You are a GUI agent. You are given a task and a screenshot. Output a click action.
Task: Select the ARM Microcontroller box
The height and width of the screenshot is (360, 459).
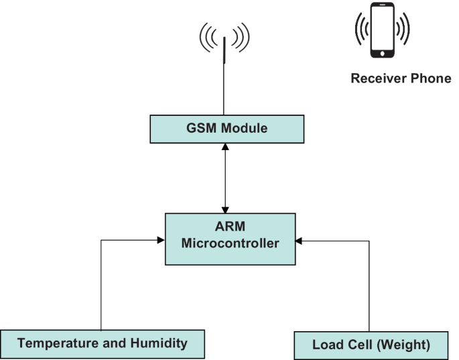(x=230, y=238)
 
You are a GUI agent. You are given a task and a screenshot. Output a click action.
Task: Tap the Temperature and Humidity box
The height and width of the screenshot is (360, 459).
(x=102, y=343)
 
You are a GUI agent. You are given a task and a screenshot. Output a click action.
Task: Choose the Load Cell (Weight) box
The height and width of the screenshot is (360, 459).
(x=371, y=345)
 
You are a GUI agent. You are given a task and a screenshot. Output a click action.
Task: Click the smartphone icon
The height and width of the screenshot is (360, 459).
(x=383, y=31)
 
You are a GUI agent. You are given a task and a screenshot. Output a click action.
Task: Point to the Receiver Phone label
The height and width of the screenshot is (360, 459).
(x=401, y=78)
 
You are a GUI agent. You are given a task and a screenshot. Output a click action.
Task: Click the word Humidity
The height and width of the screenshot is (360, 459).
(x=159, y=343)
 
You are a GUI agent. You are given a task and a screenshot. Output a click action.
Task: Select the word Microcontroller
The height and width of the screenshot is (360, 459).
(x=230, y=245)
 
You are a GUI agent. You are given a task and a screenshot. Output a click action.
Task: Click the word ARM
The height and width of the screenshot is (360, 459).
(x=230, y=229)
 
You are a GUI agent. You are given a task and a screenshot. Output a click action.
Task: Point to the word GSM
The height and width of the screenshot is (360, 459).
(x=197, y=129)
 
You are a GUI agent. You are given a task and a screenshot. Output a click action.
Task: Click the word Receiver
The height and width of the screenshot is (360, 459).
(x=377, y=78)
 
